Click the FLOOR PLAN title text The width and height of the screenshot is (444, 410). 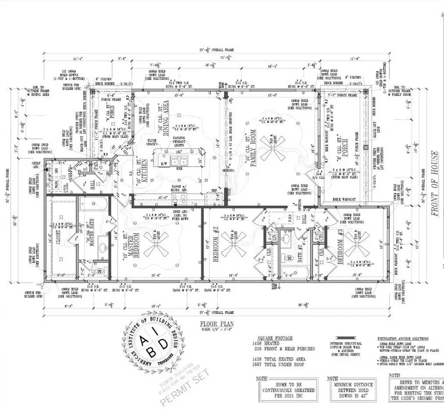(x=217, y=324)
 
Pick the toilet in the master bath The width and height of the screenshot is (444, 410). (x=98, y=271)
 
